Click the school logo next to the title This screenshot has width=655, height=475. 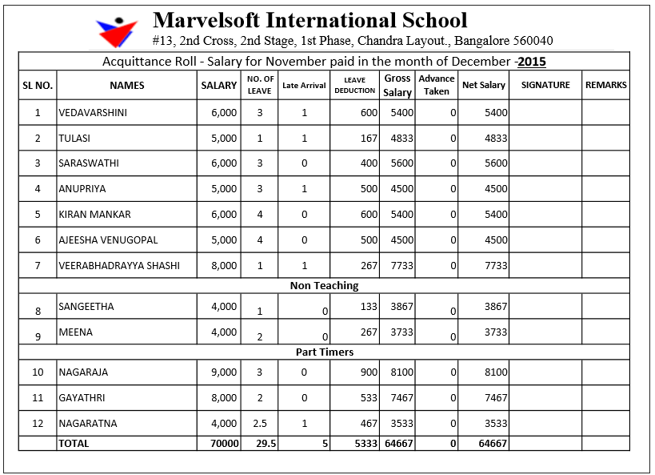[117, 31]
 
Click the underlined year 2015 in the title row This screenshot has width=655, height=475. [532, 62]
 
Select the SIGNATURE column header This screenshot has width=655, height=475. [545, 85]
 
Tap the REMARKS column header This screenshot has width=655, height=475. [605, 85]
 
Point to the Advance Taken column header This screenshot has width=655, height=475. [437, 85]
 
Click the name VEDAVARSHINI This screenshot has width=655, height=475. [93, 113]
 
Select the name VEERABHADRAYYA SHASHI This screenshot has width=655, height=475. [119, 266]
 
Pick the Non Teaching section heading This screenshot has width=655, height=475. [324, 286]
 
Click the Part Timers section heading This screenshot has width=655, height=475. [324, 352]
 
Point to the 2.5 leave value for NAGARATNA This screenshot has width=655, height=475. [259, 424]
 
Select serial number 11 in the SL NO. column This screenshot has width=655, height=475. [38, 398]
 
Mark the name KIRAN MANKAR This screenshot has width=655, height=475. [94, 215]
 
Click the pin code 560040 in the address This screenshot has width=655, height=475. [530, 41]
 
